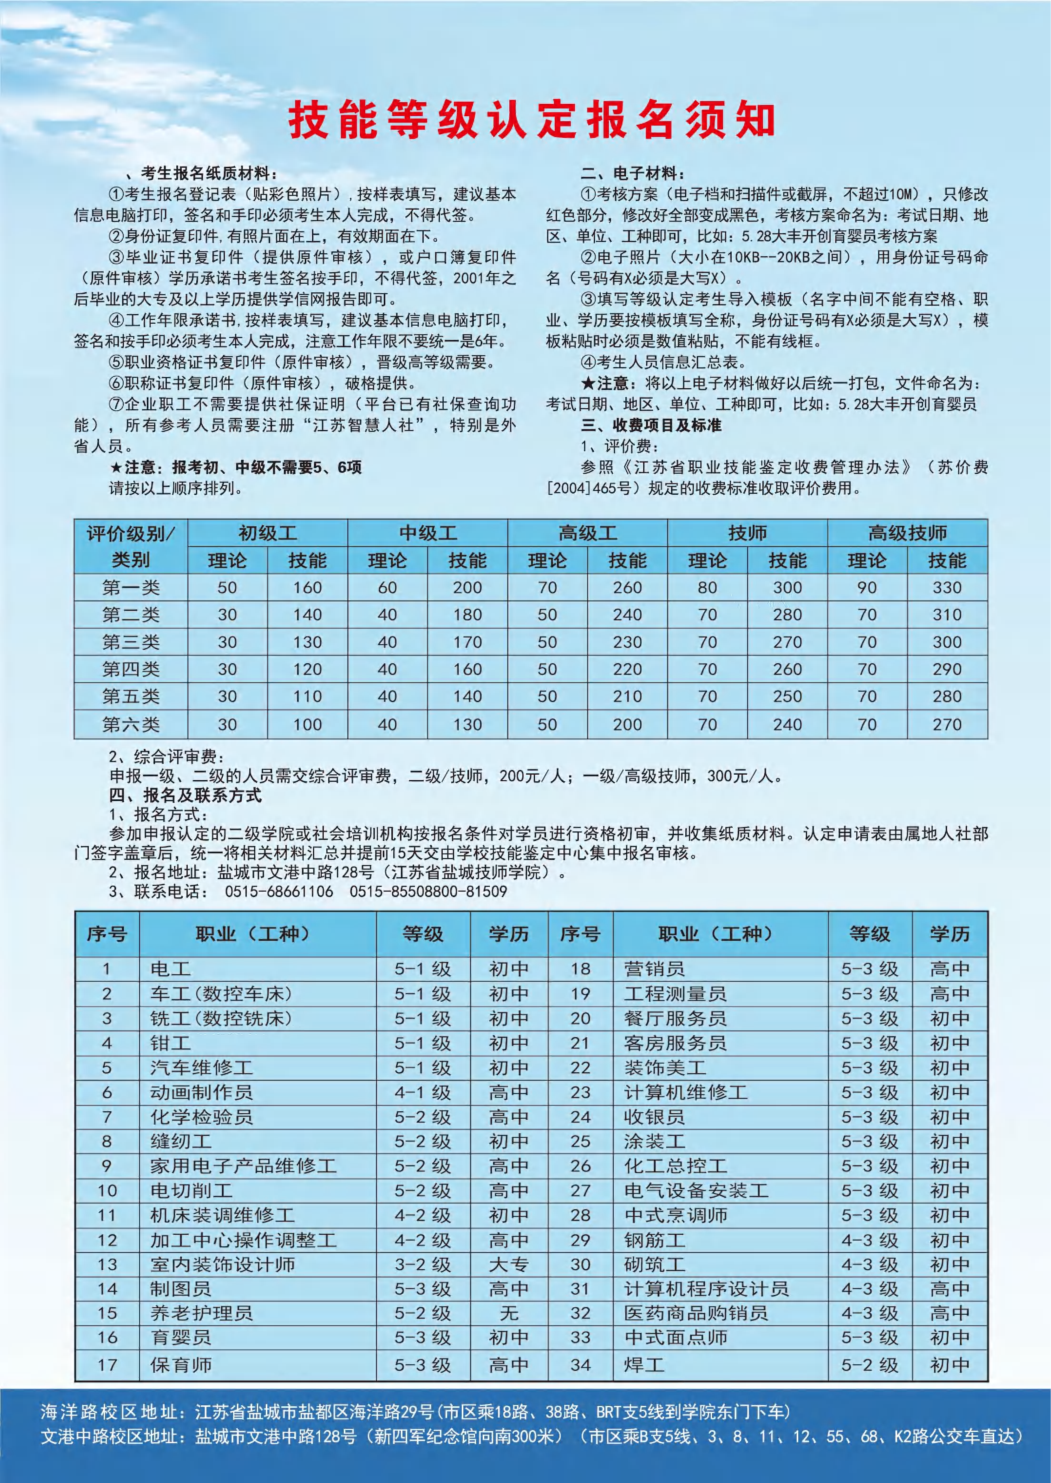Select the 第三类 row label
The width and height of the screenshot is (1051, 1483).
coord(131,642)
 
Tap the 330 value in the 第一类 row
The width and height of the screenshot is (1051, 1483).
coord(947,588)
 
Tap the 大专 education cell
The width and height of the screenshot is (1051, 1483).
coord(509,1264)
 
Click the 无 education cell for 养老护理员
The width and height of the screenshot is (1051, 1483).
coord(509,1313)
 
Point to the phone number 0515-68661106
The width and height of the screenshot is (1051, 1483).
coord(279,892)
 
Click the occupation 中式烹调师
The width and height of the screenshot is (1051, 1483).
coord(676,1215)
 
